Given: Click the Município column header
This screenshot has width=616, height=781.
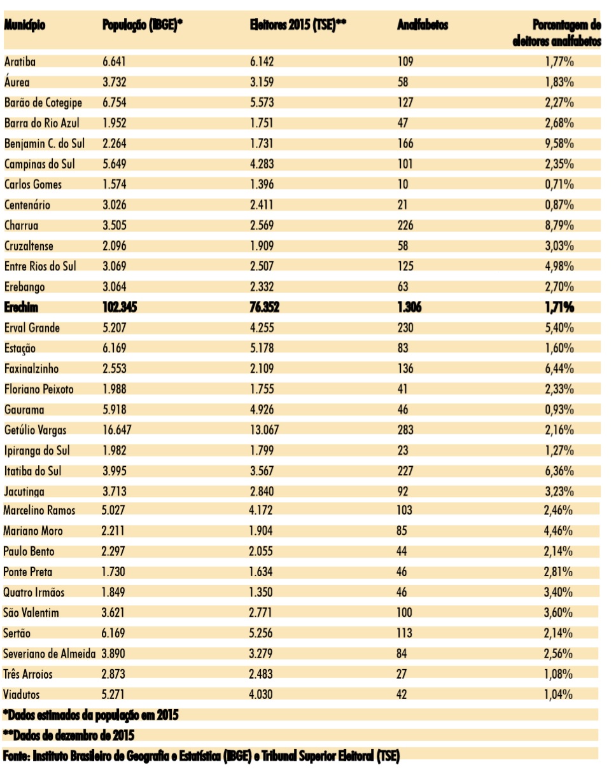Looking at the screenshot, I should click(26, 26).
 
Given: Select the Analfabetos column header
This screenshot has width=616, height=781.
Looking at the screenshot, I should click(423, 26).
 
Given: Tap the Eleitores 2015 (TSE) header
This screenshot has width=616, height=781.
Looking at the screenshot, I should click(298, 26).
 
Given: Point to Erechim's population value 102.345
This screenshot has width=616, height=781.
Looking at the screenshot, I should click(120, 308).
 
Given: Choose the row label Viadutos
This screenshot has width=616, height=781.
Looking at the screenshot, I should click(22, 694).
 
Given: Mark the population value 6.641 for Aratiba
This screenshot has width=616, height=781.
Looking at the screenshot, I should click(115, 62).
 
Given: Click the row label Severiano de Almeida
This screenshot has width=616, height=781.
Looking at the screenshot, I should click(50, 653).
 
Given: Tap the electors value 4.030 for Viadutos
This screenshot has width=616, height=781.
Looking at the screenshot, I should click(262, 694).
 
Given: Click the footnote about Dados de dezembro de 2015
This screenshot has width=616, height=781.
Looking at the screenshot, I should click(69, 735).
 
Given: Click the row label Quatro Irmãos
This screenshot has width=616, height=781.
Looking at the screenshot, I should click(34, 592).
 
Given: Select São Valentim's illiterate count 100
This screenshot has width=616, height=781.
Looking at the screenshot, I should click(405, 612).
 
